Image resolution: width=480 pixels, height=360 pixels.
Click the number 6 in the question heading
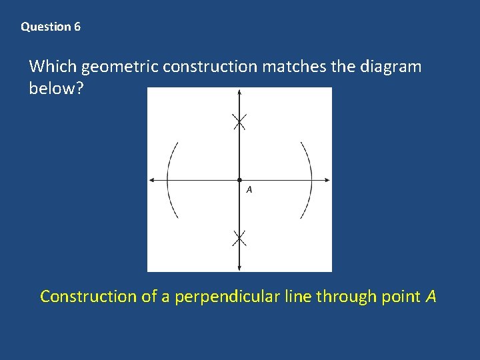click(x=77, y=27)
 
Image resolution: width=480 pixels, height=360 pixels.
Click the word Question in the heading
click(x=46, y=27)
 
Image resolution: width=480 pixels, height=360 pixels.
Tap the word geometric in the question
click(x=120, y=67)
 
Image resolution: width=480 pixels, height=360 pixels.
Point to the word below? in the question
click(x=56, y=89)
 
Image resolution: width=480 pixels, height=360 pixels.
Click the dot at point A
click(x=239, y=180)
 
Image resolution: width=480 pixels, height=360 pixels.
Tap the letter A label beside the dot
click(x=249, y=190)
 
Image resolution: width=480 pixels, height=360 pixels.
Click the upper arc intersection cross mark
click(x=239, y=121)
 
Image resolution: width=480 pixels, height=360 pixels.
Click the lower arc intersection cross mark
click(x=239, y=237)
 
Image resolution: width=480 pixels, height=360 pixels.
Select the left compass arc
click(x=168, y=180)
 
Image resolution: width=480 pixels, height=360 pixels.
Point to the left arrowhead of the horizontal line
click(x=151, y=180)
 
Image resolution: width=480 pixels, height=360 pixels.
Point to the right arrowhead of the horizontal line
click(x=327, y=180)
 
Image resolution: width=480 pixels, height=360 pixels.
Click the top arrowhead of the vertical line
click(x=239, y=93)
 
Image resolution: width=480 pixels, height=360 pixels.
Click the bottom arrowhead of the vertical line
click(x=239, y=267)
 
